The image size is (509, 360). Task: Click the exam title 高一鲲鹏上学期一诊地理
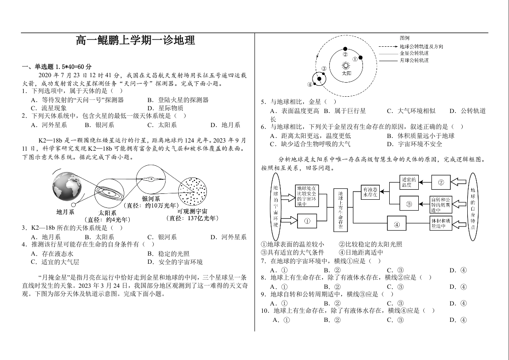tap(136, 41)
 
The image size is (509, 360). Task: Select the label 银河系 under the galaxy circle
tap(151, 199)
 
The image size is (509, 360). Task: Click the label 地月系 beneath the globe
tap(65, 212)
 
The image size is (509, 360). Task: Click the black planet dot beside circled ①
tap(361, 57)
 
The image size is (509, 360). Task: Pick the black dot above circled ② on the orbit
tap(346, 49)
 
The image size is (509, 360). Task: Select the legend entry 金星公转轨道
tap(414, 53)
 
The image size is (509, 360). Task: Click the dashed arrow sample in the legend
tap(387, 46)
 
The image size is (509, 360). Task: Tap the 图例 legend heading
tap(405, 38)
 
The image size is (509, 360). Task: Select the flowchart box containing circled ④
tap(397, 224)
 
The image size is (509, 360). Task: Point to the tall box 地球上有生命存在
tap(341, 210)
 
